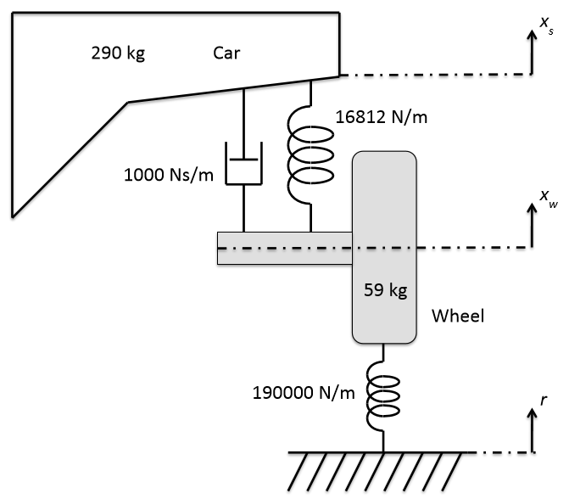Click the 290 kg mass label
pyautogui.click(x=118, y=54)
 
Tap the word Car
pyautogui.click(x=226, y=54)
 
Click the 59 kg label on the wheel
pyautogui.click(x=386, y=290)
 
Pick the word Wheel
pyautogui.click(x=457, y=317)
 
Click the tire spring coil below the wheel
pyautogui.click(x=383, y=395)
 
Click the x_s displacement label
pyautogui.click(x=545, y=30)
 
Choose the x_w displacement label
pyautogui.click(x=546, y=198)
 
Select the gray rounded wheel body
pyautogui.click(x=384, y=246)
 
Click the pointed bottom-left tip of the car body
pyautogui.click(x=14, y=210)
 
